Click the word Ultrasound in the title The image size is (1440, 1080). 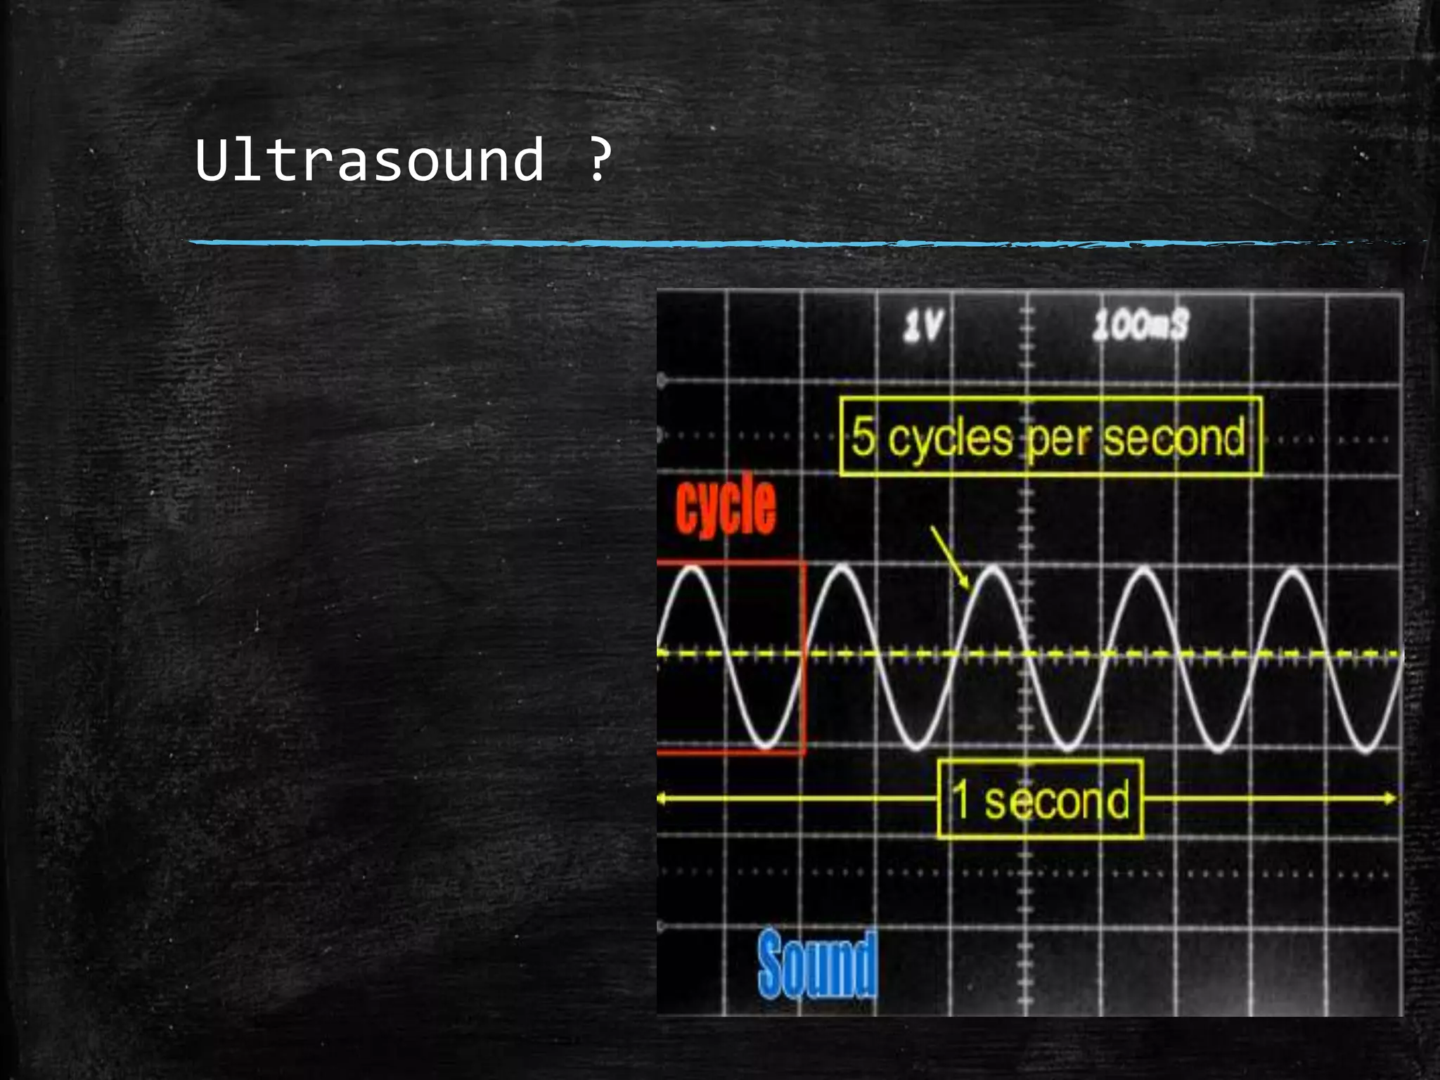(369, 160)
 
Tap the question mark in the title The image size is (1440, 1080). (598, 160)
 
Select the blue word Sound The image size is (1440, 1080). (818, 963)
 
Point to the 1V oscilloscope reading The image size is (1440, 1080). (923, 326)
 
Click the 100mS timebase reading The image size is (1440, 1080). (1140, 326)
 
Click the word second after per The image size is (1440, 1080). (1173, 437)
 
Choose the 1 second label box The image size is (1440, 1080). (1040, 799)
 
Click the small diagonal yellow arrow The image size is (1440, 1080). (950, 557)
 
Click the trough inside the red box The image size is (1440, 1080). (766, 746)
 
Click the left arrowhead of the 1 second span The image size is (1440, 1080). (662, 799)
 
